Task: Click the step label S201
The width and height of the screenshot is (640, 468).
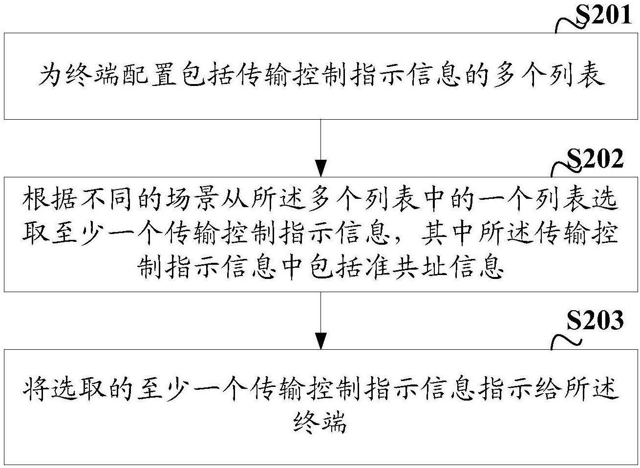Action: tap(603, 14)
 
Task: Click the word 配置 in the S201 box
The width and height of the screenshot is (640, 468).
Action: tap(149, 75)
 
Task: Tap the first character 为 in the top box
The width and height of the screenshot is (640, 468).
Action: tap(51, 75)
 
